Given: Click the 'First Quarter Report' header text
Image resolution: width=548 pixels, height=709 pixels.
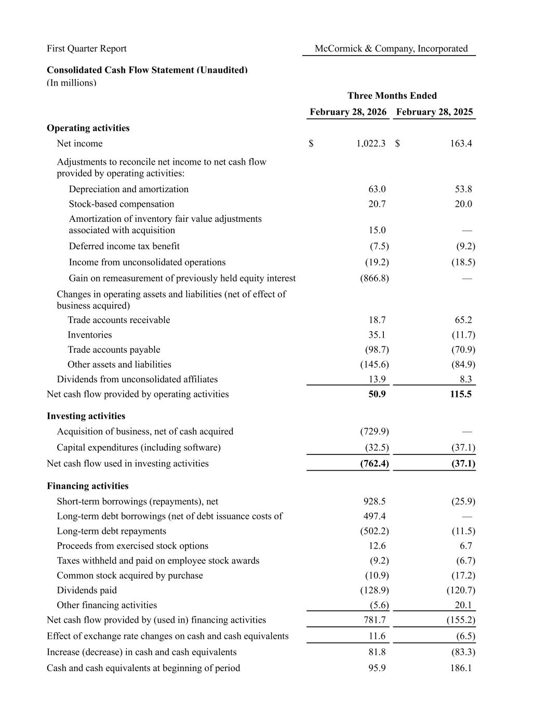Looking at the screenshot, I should (x=87, y=49).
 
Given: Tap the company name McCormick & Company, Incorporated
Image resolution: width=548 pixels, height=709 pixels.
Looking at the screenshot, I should (x=391, y=49).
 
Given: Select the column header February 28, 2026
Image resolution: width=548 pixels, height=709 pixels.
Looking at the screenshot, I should (x=348, y=112).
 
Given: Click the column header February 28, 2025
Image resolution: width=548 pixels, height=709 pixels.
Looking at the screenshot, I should (x=434, y=112).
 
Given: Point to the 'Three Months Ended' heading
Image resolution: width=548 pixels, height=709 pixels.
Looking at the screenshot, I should (x=392, y=96).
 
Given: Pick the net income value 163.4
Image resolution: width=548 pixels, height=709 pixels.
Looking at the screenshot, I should (x=461, y=144).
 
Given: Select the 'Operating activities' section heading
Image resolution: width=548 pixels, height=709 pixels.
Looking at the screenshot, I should (x=88, y=128).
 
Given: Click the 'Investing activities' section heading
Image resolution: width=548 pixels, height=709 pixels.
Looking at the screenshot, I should (x=86, y=416).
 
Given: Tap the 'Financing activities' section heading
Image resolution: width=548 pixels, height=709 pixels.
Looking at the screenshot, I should (x=87, y=486).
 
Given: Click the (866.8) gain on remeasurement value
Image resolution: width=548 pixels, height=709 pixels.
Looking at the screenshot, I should (x=374, y=278).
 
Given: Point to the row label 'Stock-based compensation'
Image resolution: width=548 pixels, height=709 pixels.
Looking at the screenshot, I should (x=122, y=204).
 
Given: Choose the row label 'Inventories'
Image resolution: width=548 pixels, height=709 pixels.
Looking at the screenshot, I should (x=89, y=335).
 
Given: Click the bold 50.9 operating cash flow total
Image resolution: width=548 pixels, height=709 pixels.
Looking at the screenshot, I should (x=377, y=394).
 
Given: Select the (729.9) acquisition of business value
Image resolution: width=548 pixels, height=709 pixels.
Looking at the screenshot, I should (x=374, y=432).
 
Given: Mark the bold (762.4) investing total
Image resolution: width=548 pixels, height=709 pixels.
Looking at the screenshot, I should (x=374, y=464).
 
